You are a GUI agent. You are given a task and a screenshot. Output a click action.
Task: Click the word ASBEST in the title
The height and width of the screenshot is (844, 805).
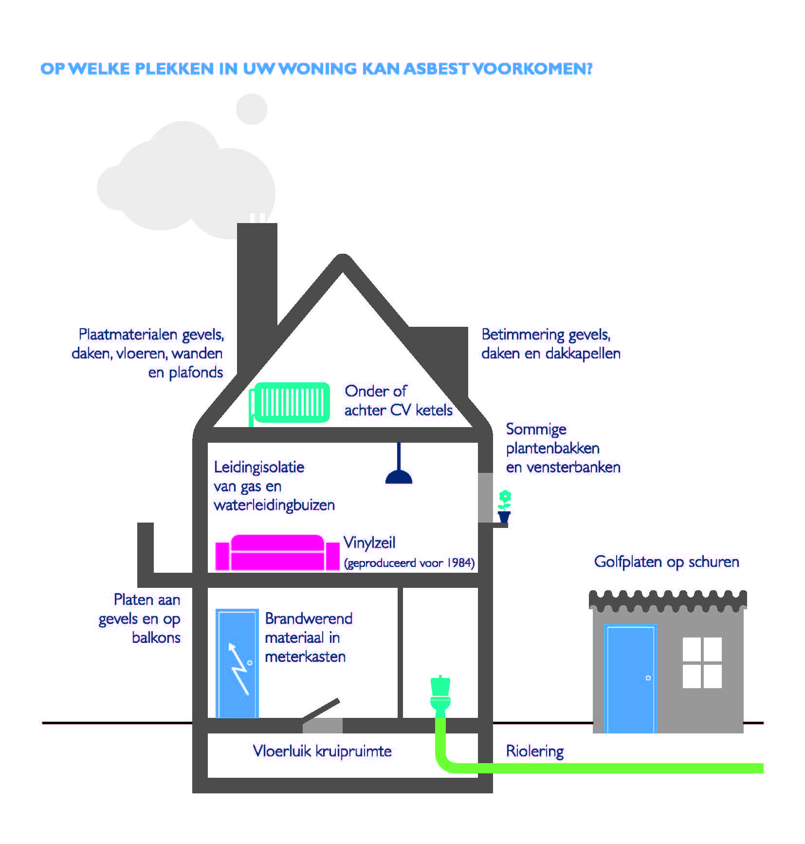click(x=436, y=69)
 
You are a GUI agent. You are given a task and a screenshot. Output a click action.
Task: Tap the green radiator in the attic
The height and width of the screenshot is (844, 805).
click(x=291, y=402)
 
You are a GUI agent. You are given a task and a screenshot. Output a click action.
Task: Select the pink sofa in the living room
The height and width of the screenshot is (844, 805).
click(x=277, y=553)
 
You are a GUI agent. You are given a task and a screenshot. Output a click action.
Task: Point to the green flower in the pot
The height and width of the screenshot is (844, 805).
click(x=505, y=499)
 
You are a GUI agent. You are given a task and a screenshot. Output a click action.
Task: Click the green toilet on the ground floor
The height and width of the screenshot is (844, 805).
click(x=440, y=694)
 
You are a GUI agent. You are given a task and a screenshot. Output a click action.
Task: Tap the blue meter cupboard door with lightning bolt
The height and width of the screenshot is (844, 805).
click(x=237, y=663)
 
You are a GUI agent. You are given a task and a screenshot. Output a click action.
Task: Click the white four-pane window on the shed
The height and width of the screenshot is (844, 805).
click(x=702, y=662)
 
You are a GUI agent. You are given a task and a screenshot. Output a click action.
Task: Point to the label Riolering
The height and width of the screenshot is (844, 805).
click(x=534, y=751)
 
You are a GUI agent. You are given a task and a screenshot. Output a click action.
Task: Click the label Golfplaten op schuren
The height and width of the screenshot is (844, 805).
click(x=666, y=562)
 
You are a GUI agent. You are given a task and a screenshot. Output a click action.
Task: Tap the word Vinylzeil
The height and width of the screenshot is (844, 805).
click(x=369, y=543)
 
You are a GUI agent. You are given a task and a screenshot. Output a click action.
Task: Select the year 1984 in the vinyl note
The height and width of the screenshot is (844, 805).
click(x=460, y=563)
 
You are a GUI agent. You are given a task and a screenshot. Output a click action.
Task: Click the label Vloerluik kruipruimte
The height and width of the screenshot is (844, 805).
click(x=322, y=751)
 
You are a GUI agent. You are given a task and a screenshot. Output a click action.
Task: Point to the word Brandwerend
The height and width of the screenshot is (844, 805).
click(x=309, y=619)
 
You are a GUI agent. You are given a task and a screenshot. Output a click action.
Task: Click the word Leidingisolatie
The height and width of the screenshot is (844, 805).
click(x=259, y=467)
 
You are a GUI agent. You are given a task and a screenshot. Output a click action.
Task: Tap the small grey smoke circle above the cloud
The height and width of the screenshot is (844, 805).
click(x=251, y=109)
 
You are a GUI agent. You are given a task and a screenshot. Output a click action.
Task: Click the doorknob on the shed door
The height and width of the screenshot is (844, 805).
click(x=648, y=678)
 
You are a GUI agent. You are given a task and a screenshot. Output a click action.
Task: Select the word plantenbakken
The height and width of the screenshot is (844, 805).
click(x=552, y=448)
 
